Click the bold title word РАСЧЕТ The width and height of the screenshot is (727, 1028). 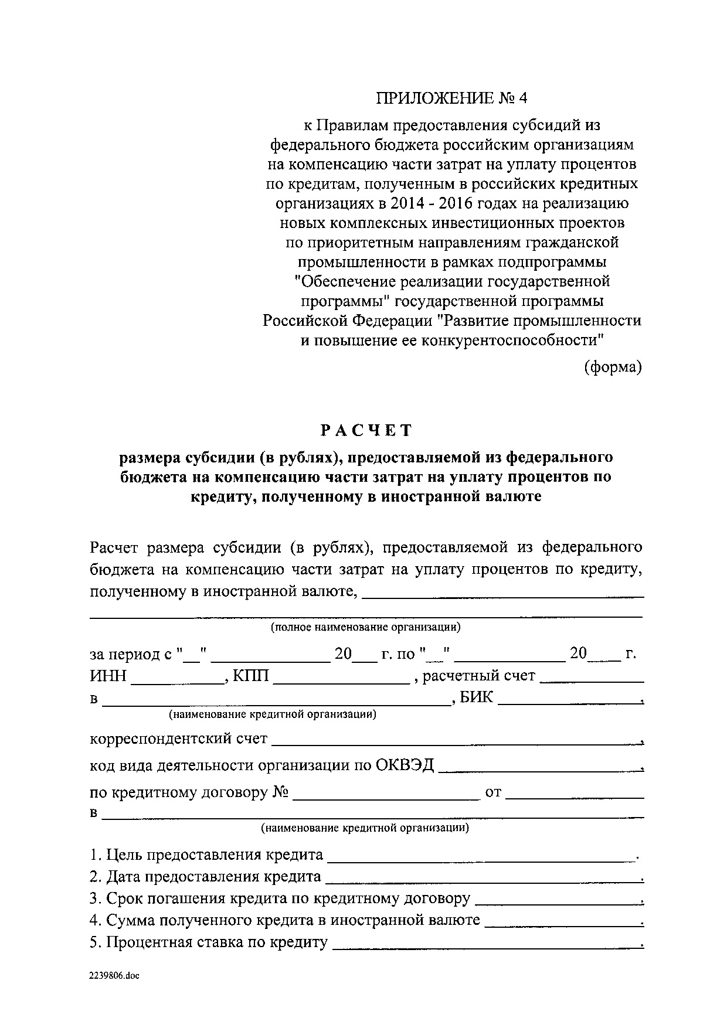(x=366, y=431)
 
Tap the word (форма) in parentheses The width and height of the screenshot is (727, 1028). (x=613, y=367)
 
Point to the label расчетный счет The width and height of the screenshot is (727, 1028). (x=478, y=676)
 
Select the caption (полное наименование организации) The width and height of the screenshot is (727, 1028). (x=365, y=627)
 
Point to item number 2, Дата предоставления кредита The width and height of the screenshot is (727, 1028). (x=205, y=877)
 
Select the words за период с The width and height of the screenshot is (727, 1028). (x=131, y=654)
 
